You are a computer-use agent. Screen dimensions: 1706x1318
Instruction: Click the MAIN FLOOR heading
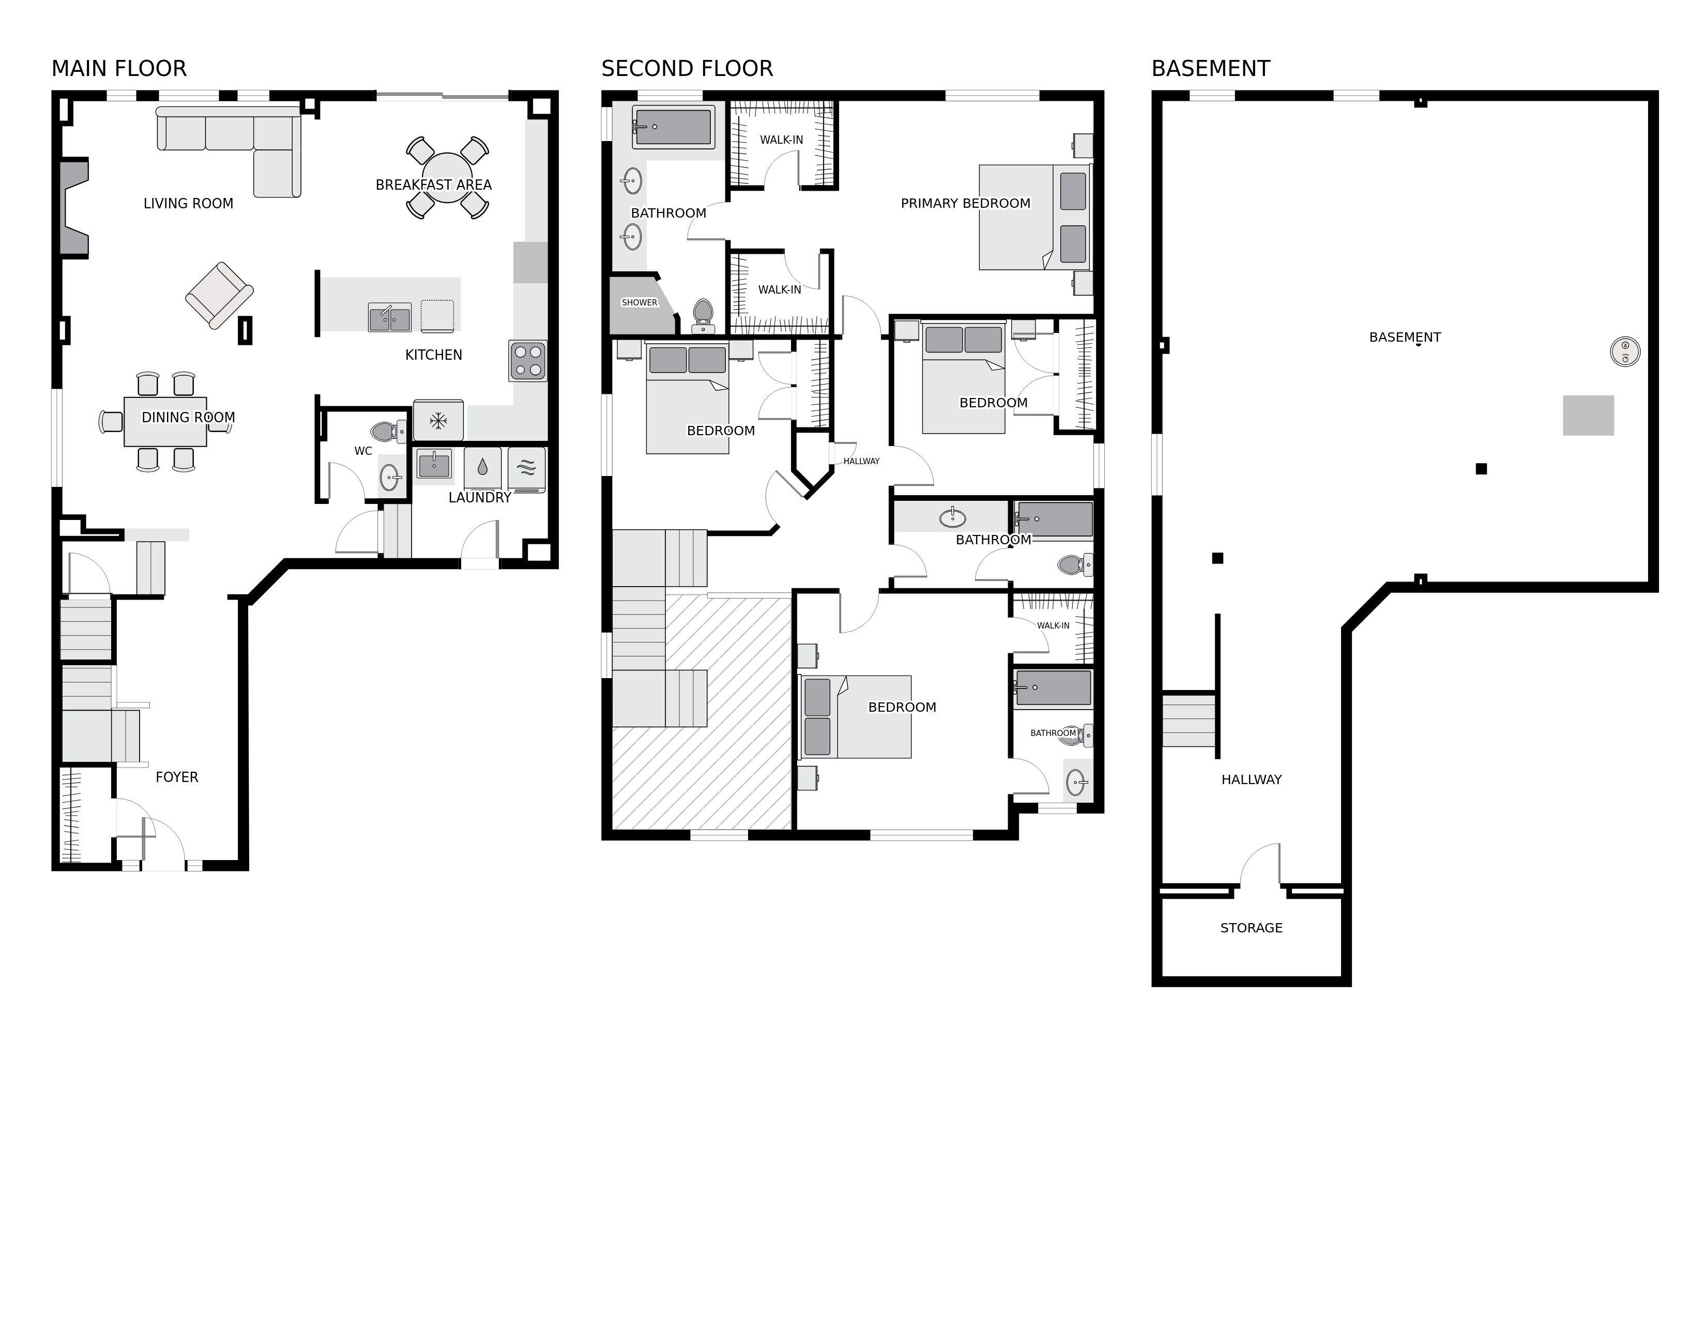click(119, 69)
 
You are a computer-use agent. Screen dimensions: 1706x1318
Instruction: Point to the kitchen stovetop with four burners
click(528, 361)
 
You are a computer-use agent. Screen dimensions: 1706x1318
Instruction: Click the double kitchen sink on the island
click(390, 318)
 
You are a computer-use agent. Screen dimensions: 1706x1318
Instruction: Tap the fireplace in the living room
click(74, 208)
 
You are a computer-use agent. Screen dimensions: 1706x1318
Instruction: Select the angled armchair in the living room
click(220, 295)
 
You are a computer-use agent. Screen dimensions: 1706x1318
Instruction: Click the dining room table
click(165, 422)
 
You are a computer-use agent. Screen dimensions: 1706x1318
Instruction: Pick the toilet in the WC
click(387, 431)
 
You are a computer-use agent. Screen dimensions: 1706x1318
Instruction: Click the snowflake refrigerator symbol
click(438, 421)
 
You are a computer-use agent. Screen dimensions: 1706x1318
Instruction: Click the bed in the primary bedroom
click(1034, 217)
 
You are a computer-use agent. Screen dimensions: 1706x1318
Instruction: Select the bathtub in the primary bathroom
click(673, 127)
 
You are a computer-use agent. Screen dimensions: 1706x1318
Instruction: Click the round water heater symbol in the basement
click(1625, 351)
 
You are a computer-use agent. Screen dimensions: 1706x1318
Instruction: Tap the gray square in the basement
click(1588, 416)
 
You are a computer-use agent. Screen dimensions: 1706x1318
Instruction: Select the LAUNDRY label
click(480, 497)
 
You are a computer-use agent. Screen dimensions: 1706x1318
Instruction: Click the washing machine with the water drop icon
click(482, 468)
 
